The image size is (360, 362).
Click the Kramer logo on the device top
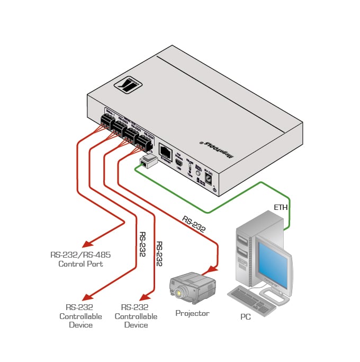129,85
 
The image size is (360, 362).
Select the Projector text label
192,313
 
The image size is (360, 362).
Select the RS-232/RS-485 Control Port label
80,259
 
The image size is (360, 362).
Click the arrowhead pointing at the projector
214,268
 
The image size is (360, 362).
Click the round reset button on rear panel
199,173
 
